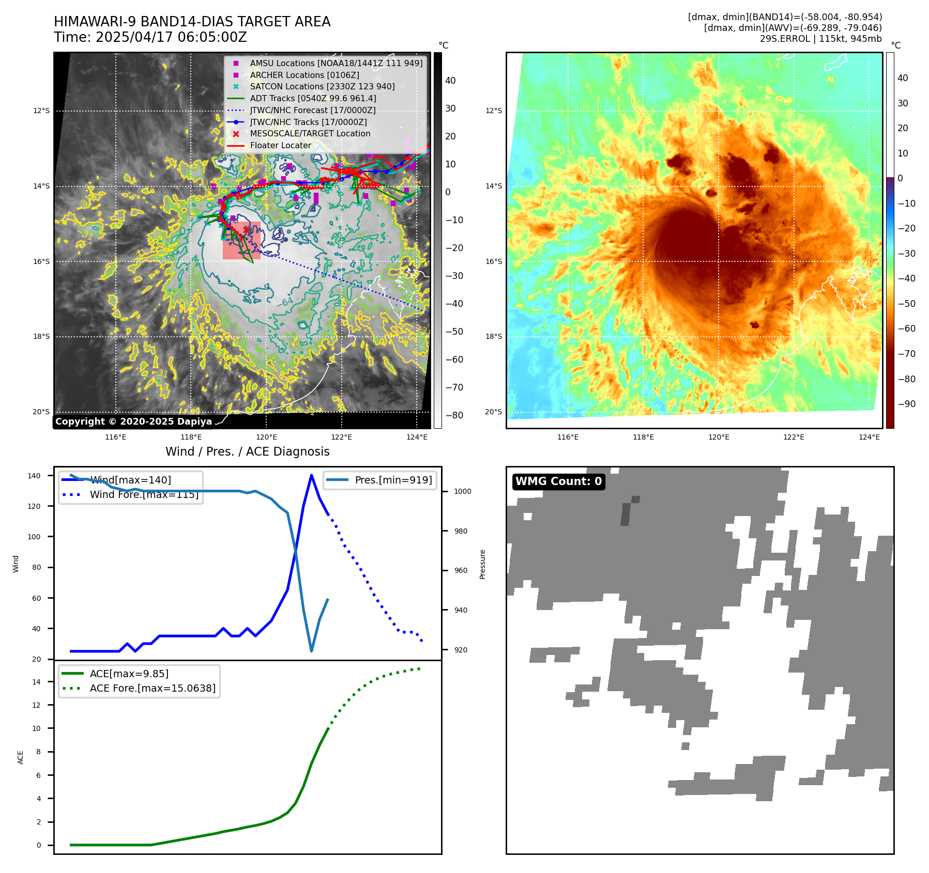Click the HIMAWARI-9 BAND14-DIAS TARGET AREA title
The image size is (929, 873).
(x=192, y=22)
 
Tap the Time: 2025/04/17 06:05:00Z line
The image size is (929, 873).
(x=150, y=37)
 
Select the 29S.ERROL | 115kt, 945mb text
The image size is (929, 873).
(x=820, y=39)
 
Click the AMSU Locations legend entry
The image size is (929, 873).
(x=336, y=63)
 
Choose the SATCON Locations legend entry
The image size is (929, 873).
(x=322, y=86)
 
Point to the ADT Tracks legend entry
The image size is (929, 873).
(x=313, y=98)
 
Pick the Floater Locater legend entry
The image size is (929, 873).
(x=280, y=145)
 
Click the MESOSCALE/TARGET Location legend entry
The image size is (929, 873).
(x=310, y=133)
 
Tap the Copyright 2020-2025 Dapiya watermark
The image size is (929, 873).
(x=133, y=422)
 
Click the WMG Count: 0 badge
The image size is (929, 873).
(x=558, y=481)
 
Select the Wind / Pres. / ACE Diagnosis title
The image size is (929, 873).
(x=247, y=451)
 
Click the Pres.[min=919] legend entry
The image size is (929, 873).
(x=393, y=480)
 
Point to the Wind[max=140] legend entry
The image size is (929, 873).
(x=130, y=480)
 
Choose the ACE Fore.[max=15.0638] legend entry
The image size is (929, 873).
(x=153, y=688)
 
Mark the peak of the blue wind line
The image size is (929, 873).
(x=311, y=475)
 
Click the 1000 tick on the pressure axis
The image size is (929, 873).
(x=462, y=491)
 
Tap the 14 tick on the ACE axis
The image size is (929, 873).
(x=36, y=682)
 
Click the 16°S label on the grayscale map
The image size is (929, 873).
(x=41, y=261)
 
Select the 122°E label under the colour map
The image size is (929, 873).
(x=794, y=437)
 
